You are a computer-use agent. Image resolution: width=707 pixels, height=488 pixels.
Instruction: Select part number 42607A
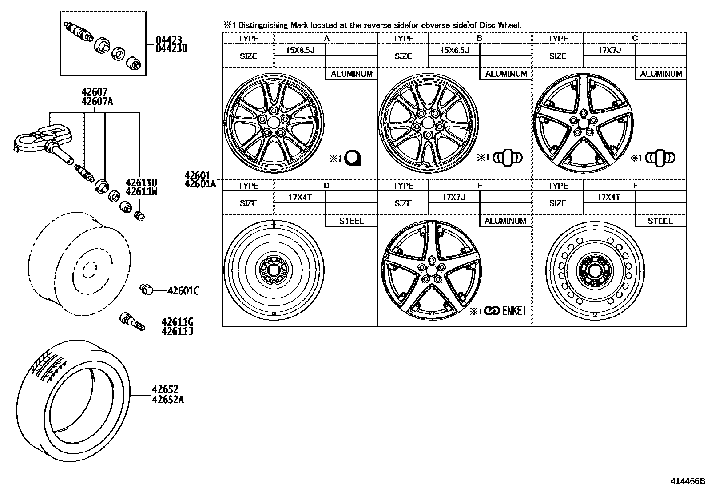(97, 102)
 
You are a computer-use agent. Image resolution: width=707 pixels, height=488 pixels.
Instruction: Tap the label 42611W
(141, 191)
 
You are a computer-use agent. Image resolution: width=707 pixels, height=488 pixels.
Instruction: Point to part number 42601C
(183, 291)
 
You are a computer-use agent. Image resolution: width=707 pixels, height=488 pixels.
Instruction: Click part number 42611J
(177, 331)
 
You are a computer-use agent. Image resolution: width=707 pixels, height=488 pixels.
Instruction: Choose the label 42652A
(168, 400)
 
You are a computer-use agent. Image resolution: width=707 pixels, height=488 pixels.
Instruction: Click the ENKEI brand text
(513, 311)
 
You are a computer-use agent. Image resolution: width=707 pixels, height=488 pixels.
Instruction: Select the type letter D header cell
(326, 186)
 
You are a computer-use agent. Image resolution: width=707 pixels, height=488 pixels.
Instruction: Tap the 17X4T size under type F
(608, 197)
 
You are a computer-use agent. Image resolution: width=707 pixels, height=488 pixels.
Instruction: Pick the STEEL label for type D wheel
(351, 221)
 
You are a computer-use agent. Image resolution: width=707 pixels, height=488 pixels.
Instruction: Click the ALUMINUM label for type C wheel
(661, 74)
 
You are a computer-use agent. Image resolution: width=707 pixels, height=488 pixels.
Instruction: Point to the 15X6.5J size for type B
(454, 50)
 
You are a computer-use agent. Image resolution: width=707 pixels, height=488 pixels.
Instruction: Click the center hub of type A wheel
(273, 122)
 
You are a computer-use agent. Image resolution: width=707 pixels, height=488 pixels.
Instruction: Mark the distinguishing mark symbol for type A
(353, 158)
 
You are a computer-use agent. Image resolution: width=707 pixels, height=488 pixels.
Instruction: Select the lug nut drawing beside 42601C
(146, 290)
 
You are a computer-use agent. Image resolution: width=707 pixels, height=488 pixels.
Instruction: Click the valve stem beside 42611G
(132, 321)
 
